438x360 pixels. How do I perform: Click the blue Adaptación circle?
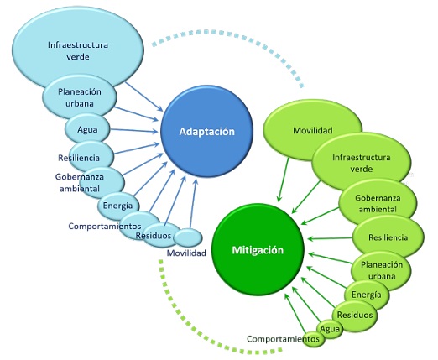pos(206,133)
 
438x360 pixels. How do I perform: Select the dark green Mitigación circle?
pos(258,249)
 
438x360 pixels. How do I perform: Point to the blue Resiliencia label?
pos(80,157)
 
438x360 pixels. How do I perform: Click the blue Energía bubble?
pos(116,206)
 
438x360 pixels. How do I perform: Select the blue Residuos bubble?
pos(154,235)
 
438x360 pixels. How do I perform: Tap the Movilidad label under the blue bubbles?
pos(186,253)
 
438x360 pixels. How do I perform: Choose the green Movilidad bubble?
pos(315,132)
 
